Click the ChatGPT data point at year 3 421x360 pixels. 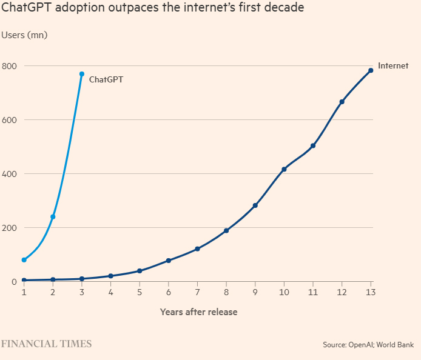click(x=82, y=74)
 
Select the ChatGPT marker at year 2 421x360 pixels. click(x=53, y=216)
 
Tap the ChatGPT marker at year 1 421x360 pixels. click(x=24, y=260)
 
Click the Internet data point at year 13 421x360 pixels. click(x=371, y=70)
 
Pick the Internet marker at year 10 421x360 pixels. click(x=284, y=169)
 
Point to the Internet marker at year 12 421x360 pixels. click(x=342, y=102)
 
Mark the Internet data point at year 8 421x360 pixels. click(x=226, y=230)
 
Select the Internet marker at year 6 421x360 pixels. click(x=168, y=261)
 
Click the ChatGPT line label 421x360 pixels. click(x=106, y=79)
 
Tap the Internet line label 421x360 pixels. click(x=393, y=66)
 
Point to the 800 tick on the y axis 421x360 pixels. click(x=9, y=65)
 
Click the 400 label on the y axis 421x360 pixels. click(x=9, y=174)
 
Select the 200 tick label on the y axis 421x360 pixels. click(x=9, y=228)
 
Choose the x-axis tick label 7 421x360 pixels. click(x=197, y=293)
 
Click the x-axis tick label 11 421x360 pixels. click(x=313, y=293)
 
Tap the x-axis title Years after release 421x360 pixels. click(x=198, y=312)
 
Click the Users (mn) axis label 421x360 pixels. click(x=25, y=35)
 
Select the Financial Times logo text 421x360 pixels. click(x=46, y=344)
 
